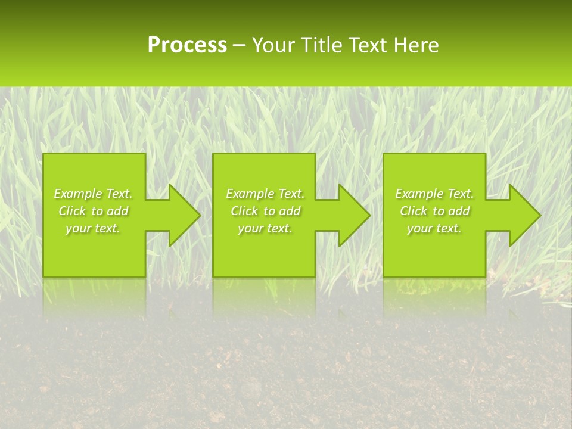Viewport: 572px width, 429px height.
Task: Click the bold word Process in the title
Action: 187,45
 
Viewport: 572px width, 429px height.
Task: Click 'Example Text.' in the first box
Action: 94,194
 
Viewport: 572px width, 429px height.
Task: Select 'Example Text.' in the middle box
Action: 265,194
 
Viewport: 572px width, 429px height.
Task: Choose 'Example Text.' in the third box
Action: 434,194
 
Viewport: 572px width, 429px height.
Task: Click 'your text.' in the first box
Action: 93,228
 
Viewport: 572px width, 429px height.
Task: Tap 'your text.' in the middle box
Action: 265,228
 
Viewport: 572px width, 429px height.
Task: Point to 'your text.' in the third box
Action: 434,228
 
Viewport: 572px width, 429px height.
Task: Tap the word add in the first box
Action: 117,211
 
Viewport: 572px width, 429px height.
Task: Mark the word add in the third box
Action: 459,211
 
